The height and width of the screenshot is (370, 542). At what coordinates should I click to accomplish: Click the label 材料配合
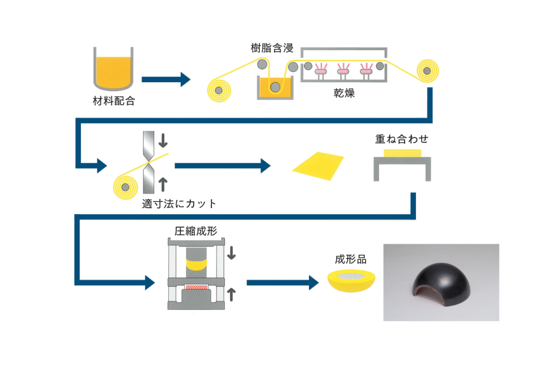(x=114, y=101)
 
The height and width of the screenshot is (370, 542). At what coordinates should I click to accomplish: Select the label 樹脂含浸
(x=272, y=48)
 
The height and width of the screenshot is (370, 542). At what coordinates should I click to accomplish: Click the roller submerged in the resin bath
(x=275, y=87)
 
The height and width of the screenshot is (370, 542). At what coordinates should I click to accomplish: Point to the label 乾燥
(x=344, y=93)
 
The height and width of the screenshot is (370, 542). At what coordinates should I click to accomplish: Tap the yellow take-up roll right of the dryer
(x=428, y=71)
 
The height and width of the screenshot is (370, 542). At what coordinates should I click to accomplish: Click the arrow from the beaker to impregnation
(x=166, y=80)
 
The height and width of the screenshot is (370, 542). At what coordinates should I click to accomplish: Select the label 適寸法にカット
(x=179, y=204)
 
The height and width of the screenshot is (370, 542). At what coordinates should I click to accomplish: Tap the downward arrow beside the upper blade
(x=163, y=140)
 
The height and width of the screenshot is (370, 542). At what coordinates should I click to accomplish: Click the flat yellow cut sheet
(x=318, y=166)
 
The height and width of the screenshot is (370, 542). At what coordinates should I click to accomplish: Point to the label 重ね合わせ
(x=402, y=139)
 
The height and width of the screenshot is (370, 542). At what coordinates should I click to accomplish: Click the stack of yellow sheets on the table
(x=402, y=153)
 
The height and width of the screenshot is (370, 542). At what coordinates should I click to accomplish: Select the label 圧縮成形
(x=196, y=231)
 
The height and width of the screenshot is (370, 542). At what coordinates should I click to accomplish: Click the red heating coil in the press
(x=196, y=287)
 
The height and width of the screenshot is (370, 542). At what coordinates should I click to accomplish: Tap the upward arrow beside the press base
(x=231, y=294)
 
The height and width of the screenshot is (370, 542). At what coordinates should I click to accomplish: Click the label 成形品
(x=350, y=259)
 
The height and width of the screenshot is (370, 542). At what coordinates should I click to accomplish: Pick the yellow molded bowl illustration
(x=351, y=281)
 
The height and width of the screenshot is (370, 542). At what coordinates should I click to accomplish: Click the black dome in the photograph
(x=442, y=285)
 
